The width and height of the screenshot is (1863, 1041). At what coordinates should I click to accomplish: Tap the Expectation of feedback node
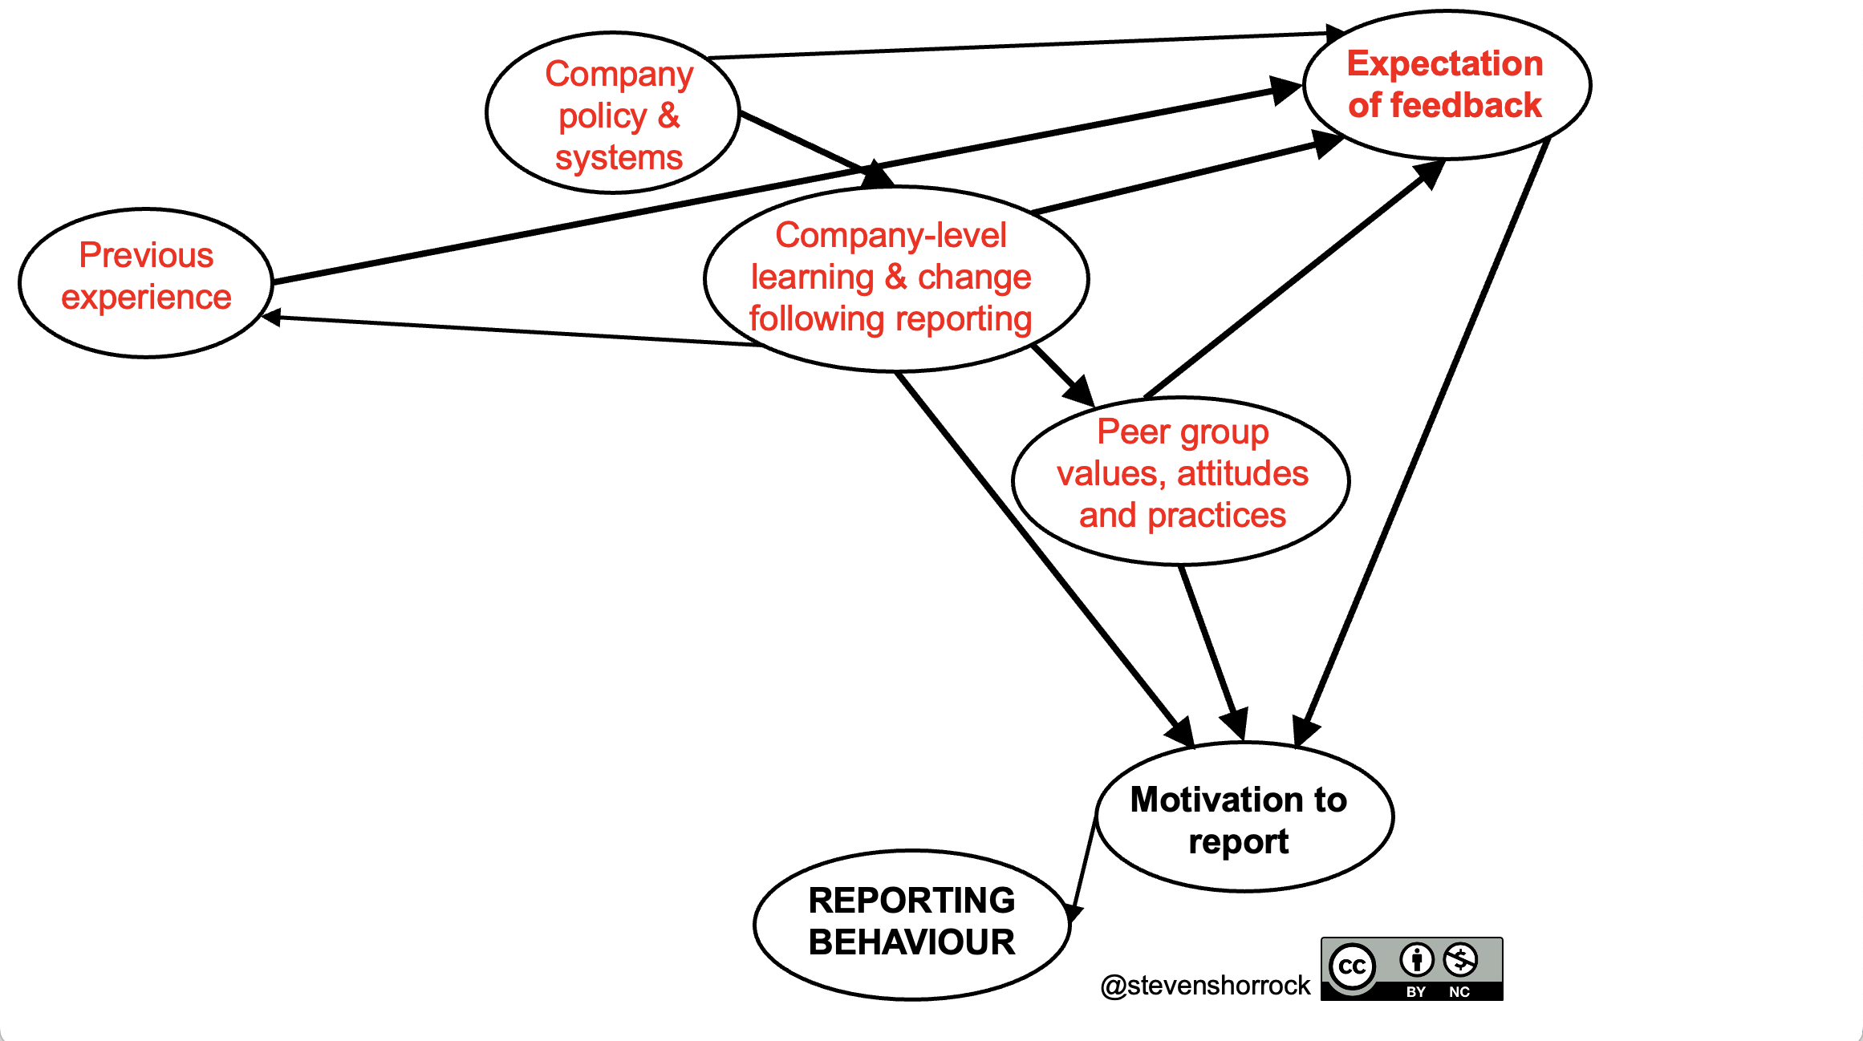coord(1447,84)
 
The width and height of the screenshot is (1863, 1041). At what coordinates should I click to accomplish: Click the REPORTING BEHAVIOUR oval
coord(912,924)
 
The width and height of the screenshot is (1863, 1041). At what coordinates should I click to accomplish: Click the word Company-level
coord(891,236)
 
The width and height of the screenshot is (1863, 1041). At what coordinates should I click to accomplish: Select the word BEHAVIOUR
coord(912,943)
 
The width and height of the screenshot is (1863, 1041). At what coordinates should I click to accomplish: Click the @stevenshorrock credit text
coord(1205,985)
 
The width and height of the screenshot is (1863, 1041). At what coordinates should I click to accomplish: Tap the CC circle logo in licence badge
coord(1352,966)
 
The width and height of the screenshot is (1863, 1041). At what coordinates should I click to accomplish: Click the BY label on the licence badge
coord(1416,992)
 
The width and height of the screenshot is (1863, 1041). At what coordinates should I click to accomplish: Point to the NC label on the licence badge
coord(1459,992)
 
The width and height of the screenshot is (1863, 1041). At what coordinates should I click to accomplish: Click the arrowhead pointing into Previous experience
coord(271,318)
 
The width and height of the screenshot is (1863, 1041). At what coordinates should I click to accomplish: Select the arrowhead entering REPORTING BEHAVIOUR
coord(1074,913)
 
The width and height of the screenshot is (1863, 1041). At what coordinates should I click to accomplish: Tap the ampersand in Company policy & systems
coord(668,116)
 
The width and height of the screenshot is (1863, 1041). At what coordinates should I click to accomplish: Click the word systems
coord(619,158)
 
